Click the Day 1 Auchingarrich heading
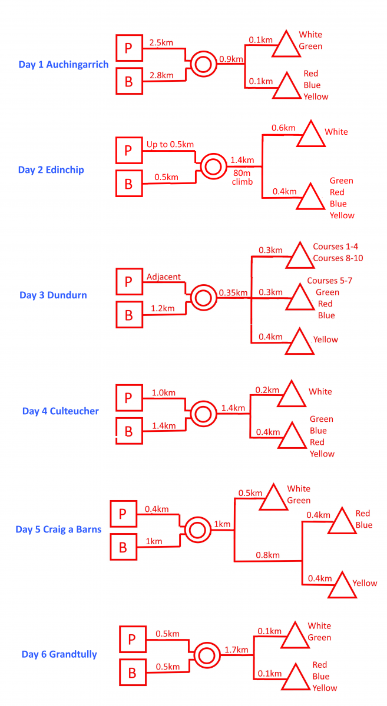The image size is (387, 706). [64, 65]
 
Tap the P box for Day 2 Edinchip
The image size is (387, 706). [129, 150]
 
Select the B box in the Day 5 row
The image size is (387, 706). [124, 547]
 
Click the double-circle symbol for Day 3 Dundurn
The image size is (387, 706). [203, 298]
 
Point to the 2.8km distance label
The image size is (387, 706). [161, 75]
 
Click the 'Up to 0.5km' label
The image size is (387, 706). [170, 144]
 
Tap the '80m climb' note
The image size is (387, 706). [242, 177]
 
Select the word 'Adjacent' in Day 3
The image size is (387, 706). [164, 277]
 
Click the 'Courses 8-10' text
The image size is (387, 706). [338, 258]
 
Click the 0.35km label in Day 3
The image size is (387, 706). [233, 293]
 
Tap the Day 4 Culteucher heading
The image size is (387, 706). [60, 411]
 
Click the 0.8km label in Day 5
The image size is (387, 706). [267, 555]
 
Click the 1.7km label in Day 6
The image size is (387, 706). [236, 650]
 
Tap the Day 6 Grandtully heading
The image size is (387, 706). [59, 654]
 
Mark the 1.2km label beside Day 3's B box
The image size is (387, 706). [163, 308]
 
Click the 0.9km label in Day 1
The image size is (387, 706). [231, 59]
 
